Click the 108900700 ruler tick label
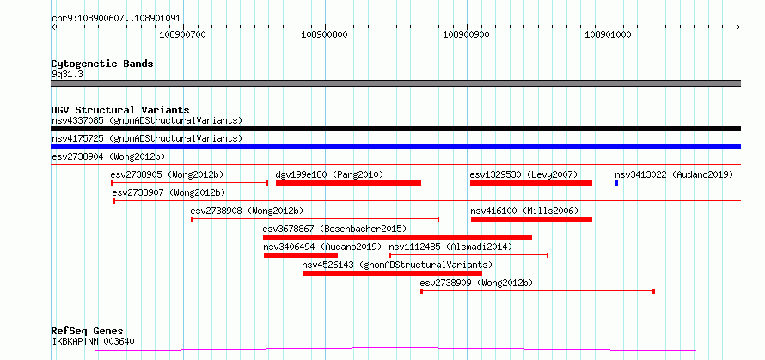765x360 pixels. pyautogui.click(x=183, y=34)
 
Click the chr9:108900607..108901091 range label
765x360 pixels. pyautogui.click(x=116, y=19)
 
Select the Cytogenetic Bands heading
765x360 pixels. pyautogui.click(x=102, y=64)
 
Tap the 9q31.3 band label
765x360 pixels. pyautogui.click(x=67, y=75)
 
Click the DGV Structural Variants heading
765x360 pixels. pyautogui.click(x=120, y=110)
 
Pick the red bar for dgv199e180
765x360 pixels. pyautogui.click(x=348, y=183)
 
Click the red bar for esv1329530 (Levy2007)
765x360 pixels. pyautogui.click(x=531, y=183)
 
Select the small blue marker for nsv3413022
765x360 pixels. pyautogui.click(x=616, y=183)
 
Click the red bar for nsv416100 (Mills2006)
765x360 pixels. pyautogui.click(x=531, y=219)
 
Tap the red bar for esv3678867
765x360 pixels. pyautogui.click(x=397, y=237)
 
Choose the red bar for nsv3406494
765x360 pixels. pyautogui.click(x=301, y=255)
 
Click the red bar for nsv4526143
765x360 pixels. pyautogui.click(x=392, y=273)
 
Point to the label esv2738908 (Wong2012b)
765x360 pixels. pyautogui.click(x=247, y=211)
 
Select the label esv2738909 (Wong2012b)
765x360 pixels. pyautogui.click(x=476, y=283)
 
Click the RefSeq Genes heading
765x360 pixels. pyautogui.click(x=88, y=332)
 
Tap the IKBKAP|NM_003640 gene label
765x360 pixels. pyautogui.click(x=93, y=341)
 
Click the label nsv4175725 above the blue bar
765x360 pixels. pyautogui.click(x=147, y=138)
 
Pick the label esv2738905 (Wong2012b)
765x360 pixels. pyautogui.click(x=168, y=174)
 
